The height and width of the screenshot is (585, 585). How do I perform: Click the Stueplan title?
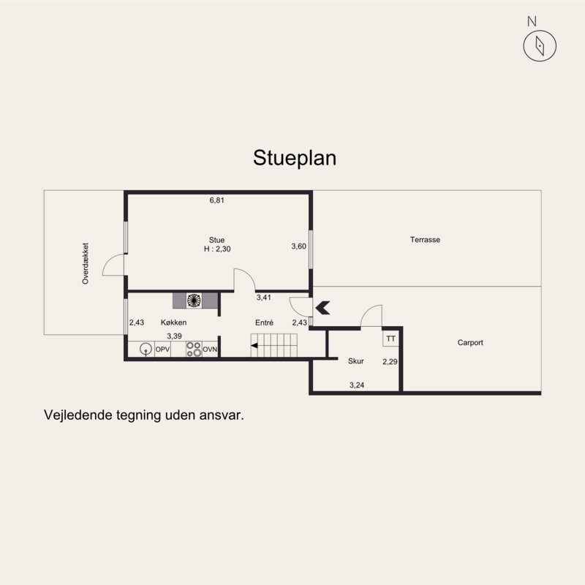point(295,158)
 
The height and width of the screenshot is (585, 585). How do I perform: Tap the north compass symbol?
point(540,45)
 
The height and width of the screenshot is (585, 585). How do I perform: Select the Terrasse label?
point(425,240)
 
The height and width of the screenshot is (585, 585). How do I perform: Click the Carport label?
point(470,342)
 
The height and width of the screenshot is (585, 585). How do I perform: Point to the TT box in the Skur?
point(390,339)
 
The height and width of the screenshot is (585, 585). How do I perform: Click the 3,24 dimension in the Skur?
point(357,385)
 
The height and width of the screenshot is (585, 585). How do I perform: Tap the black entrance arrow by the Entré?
point(322,308)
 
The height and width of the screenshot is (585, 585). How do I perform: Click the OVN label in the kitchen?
point(211,350)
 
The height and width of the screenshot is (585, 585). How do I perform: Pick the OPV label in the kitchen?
point(162,350)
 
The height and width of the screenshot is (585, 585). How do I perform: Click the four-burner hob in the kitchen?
point(194,350)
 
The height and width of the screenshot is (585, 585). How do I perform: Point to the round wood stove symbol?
point(195,300)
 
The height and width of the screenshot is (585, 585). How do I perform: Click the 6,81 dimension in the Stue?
point(216,200)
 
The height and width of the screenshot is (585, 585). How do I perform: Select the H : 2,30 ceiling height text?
point(216,249)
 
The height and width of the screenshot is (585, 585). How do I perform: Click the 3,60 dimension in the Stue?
point(298,246)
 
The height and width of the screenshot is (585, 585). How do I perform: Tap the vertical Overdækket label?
point(86,263)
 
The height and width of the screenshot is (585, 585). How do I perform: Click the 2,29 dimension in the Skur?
point(390,361)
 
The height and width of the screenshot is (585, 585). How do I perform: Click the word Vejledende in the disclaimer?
point(77,414)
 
